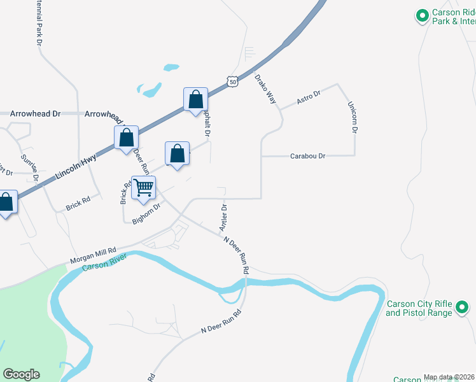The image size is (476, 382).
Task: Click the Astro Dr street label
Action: point(309,97)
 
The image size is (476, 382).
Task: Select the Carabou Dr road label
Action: point(308,156)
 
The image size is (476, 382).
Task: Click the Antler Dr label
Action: point(224,218)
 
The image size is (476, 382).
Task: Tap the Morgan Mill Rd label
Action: point(93,255)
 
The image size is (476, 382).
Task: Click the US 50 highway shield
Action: point(233,81)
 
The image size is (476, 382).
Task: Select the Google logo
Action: point(22,374)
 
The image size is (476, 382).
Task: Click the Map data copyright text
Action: point(449,377)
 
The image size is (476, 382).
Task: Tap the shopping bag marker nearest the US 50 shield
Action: point(195,99)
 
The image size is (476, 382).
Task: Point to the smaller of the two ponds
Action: point(171,67)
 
